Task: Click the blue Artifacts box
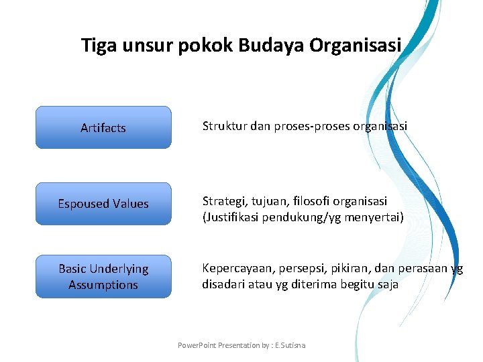point(103,127)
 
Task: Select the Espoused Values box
point(103,204)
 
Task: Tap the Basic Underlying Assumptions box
point(103,276)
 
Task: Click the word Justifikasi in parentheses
point(234,217)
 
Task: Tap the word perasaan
point(422,268)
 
